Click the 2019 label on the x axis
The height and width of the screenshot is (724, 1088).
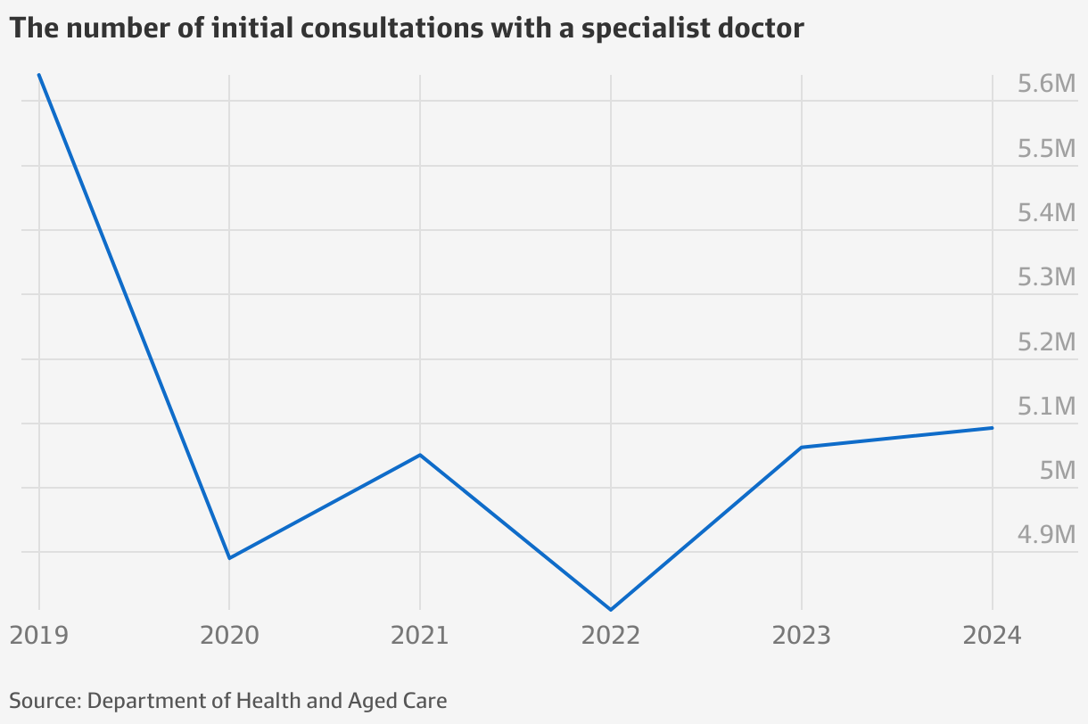click(38, 636)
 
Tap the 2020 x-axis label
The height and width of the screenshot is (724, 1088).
click(229, 636)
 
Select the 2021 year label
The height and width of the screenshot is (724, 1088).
click(420, 636)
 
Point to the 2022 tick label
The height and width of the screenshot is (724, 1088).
click(611, 636)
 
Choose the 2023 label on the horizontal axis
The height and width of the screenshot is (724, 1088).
click(802, 636)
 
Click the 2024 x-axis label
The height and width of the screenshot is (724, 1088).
click(993, 636)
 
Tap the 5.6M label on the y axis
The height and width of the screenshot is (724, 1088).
click(1047, 85)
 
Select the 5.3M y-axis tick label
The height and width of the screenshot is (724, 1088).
click(1047, 278)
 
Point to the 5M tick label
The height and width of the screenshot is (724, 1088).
click(1059, 472)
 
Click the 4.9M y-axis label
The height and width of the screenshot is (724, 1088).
click(1047, 536)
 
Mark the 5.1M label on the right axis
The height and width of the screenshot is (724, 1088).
click(1047, 407)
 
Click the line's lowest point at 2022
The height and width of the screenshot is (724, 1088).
click(611, 610)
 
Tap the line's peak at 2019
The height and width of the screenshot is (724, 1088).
click(39, 75)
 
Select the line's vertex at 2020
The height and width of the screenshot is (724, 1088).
click(229, 558)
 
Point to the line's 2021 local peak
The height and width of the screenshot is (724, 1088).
click(420, 455)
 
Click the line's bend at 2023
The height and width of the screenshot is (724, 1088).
click(802, 447)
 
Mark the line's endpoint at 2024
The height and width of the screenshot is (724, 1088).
click(993, 428)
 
